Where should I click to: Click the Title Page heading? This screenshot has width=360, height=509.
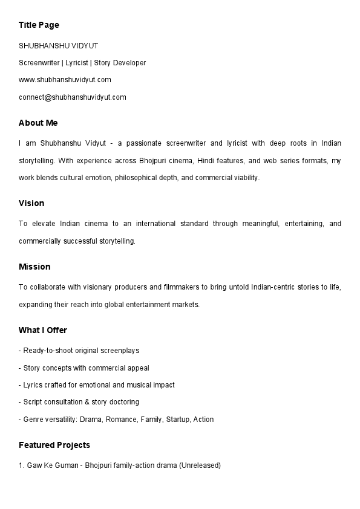pyautogui.click(x=39, y=25)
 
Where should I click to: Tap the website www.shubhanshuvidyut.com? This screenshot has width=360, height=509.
pyautogui.click(x=65, y=80)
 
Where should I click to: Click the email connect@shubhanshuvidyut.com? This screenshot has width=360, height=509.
pyautogui.click(x=72, y=97)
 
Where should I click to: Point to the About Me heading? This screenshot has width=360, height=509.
pyautogui.click(x=38, y=123)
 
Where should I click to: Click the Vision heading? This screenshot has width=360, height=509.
pyautogui.click(x=31, y=203)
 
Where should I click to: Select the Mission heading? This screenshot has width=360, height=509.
pyautogui.click(x=34, y=267)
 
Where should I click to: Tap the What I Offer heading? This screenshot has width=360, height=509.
pyautogui.click(x=43, y=330)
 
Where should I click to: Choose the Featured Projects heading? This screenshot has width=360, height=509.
pyautogui.click(x=54, y=445)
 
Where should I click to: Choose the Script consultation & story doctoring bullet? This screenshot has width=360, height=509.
pyautogui.click(x=79, y=402)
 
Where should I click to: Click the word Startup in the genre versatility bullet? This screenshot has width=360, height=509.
pyautogui.click(x=177, y=420)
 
